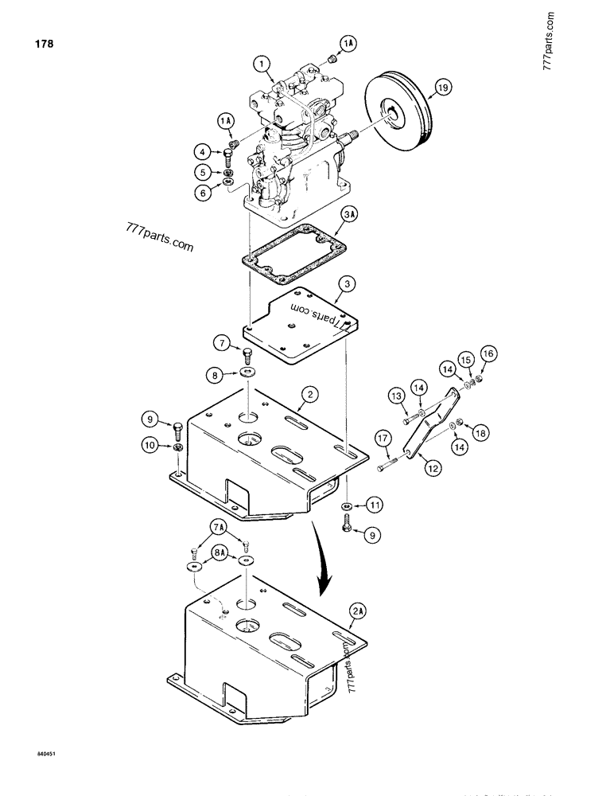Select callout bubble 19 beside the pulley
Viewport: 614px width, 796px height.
[x=442, y=89]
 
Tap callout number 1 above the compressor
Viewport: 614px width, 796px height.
[x=261, y=62]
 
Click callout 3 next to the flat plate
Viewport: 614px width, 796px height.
[x=344, y=283]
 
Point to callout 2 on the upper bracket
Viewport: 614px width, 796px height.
[x=309, y=392]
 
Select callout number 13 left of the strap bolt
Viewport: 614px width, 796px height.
[x=396, y=396]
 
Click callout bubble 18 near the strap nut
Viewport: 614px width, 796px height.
[x=481, y=432]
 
